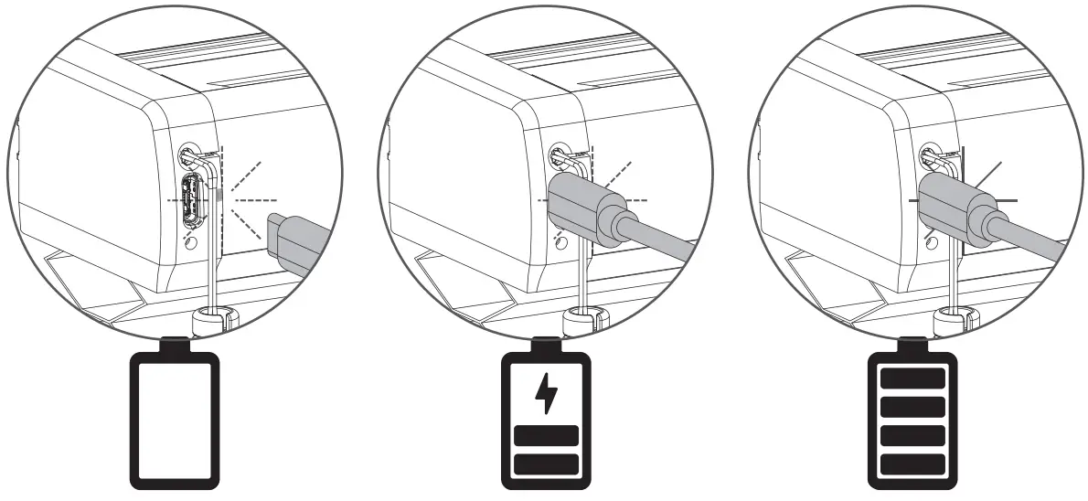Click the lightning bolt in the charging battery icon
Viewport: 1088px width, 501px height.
[x=546, y=394]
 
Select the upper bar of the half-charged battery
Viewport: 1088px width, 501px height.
[x=546, y=436]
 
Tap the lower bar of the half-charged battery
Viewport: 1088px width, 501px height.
[x=546, y=464]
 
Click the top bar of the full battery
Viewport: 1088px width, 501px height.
[x=912, y=377]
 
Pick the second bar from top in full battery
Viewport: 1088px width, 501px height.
[x=912, y=405]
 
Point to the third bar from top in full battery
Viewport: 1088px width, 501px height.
[x=912, y=433]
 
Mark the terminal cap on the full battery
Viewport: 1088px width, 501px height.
[x=912, y=344]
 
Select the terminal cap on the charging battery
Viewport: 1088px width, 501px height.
[x=546, y=344]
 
